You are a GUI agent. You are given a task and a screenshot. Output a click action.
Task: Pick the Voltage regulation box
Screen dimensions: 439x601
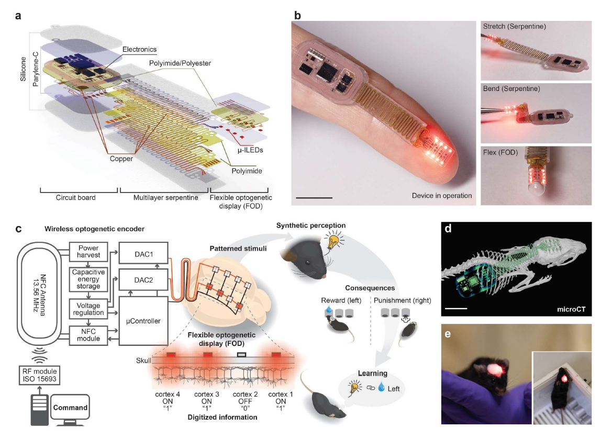pyautogui.click(x=88, y=309)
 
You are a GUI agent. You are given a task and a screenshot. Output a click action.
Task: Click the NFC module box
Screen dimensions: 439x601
pyautogui.click(x=88, y=335)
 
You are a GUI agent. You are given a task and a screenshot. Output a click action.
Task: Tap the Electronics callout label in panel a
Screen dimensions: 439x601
pyautogui.click(x=139, y=49)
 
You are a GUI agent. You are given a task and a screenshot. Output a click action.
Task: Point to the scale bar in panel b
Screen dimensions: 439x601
pyautogui.click(x=314, y=198)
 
